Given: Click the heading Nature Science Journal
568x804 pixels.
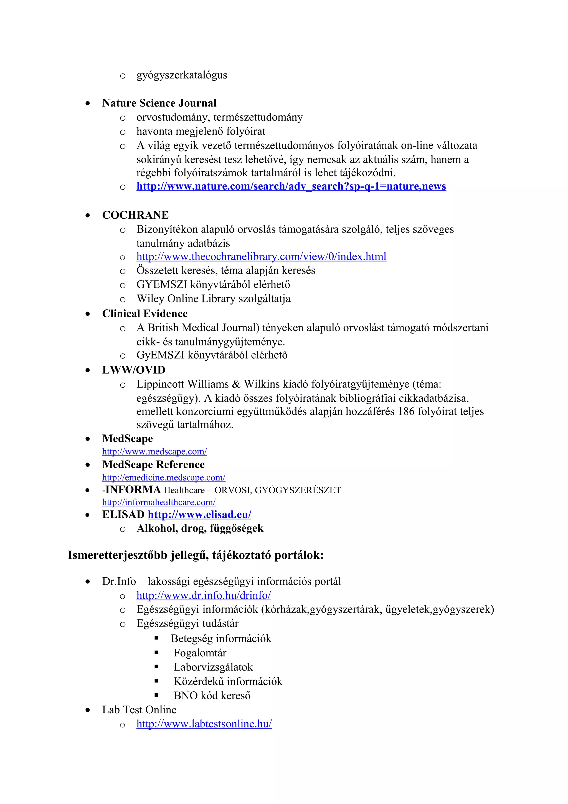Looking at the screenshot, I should [x=159, y=103].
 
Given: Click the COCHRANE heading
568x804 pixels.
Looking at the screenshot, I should [x=135, y=215].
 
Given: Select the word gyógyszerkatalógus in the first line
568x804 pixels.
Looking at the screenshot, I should [x=181, y=75].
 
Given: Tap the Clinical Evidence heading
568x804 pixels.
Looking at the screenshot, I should [x=144, y=313].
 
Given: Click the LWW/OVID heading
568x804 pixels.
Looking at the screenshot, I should [x=134, y=370].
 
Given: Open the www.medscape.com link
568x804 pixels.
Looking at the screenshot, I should [x=154, y=452].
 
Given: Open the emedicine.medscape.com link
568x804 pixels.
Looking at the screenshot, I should [x=163, y=478].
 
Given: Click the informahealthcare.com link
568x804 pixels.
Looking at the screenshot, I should [x=159, y=502].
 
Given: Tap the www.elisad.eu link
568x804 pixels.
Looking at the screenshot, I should [x=199, y=515].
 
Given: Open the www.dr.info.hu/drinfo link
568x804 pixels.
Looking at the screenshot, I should [x=203, y=595].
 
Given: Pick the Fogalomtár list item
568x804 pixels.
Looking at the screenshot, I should [x=200, y=653].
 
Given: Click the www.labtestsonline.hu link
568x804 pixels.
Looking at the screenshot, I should [x=204, y=724].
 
